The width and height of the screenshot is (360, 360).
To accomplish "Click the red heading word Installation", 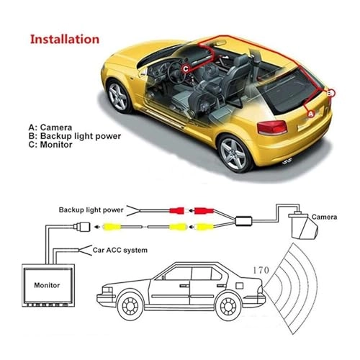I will click(64, 38).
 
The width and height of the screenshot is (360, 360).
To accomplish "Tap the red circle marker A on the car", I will click(310, 113).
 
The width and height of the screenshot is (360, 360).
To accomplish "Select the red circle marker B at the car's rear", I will click(330, 93).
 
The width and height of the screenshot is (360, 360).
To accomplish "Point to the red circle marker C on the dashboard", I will click(185, 69).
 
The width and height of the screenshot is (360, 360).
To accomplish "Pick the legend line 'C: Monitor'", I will click(55, 145).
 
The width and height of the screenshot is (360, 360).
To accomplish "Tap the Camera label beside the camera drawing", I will click(325, 215).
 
